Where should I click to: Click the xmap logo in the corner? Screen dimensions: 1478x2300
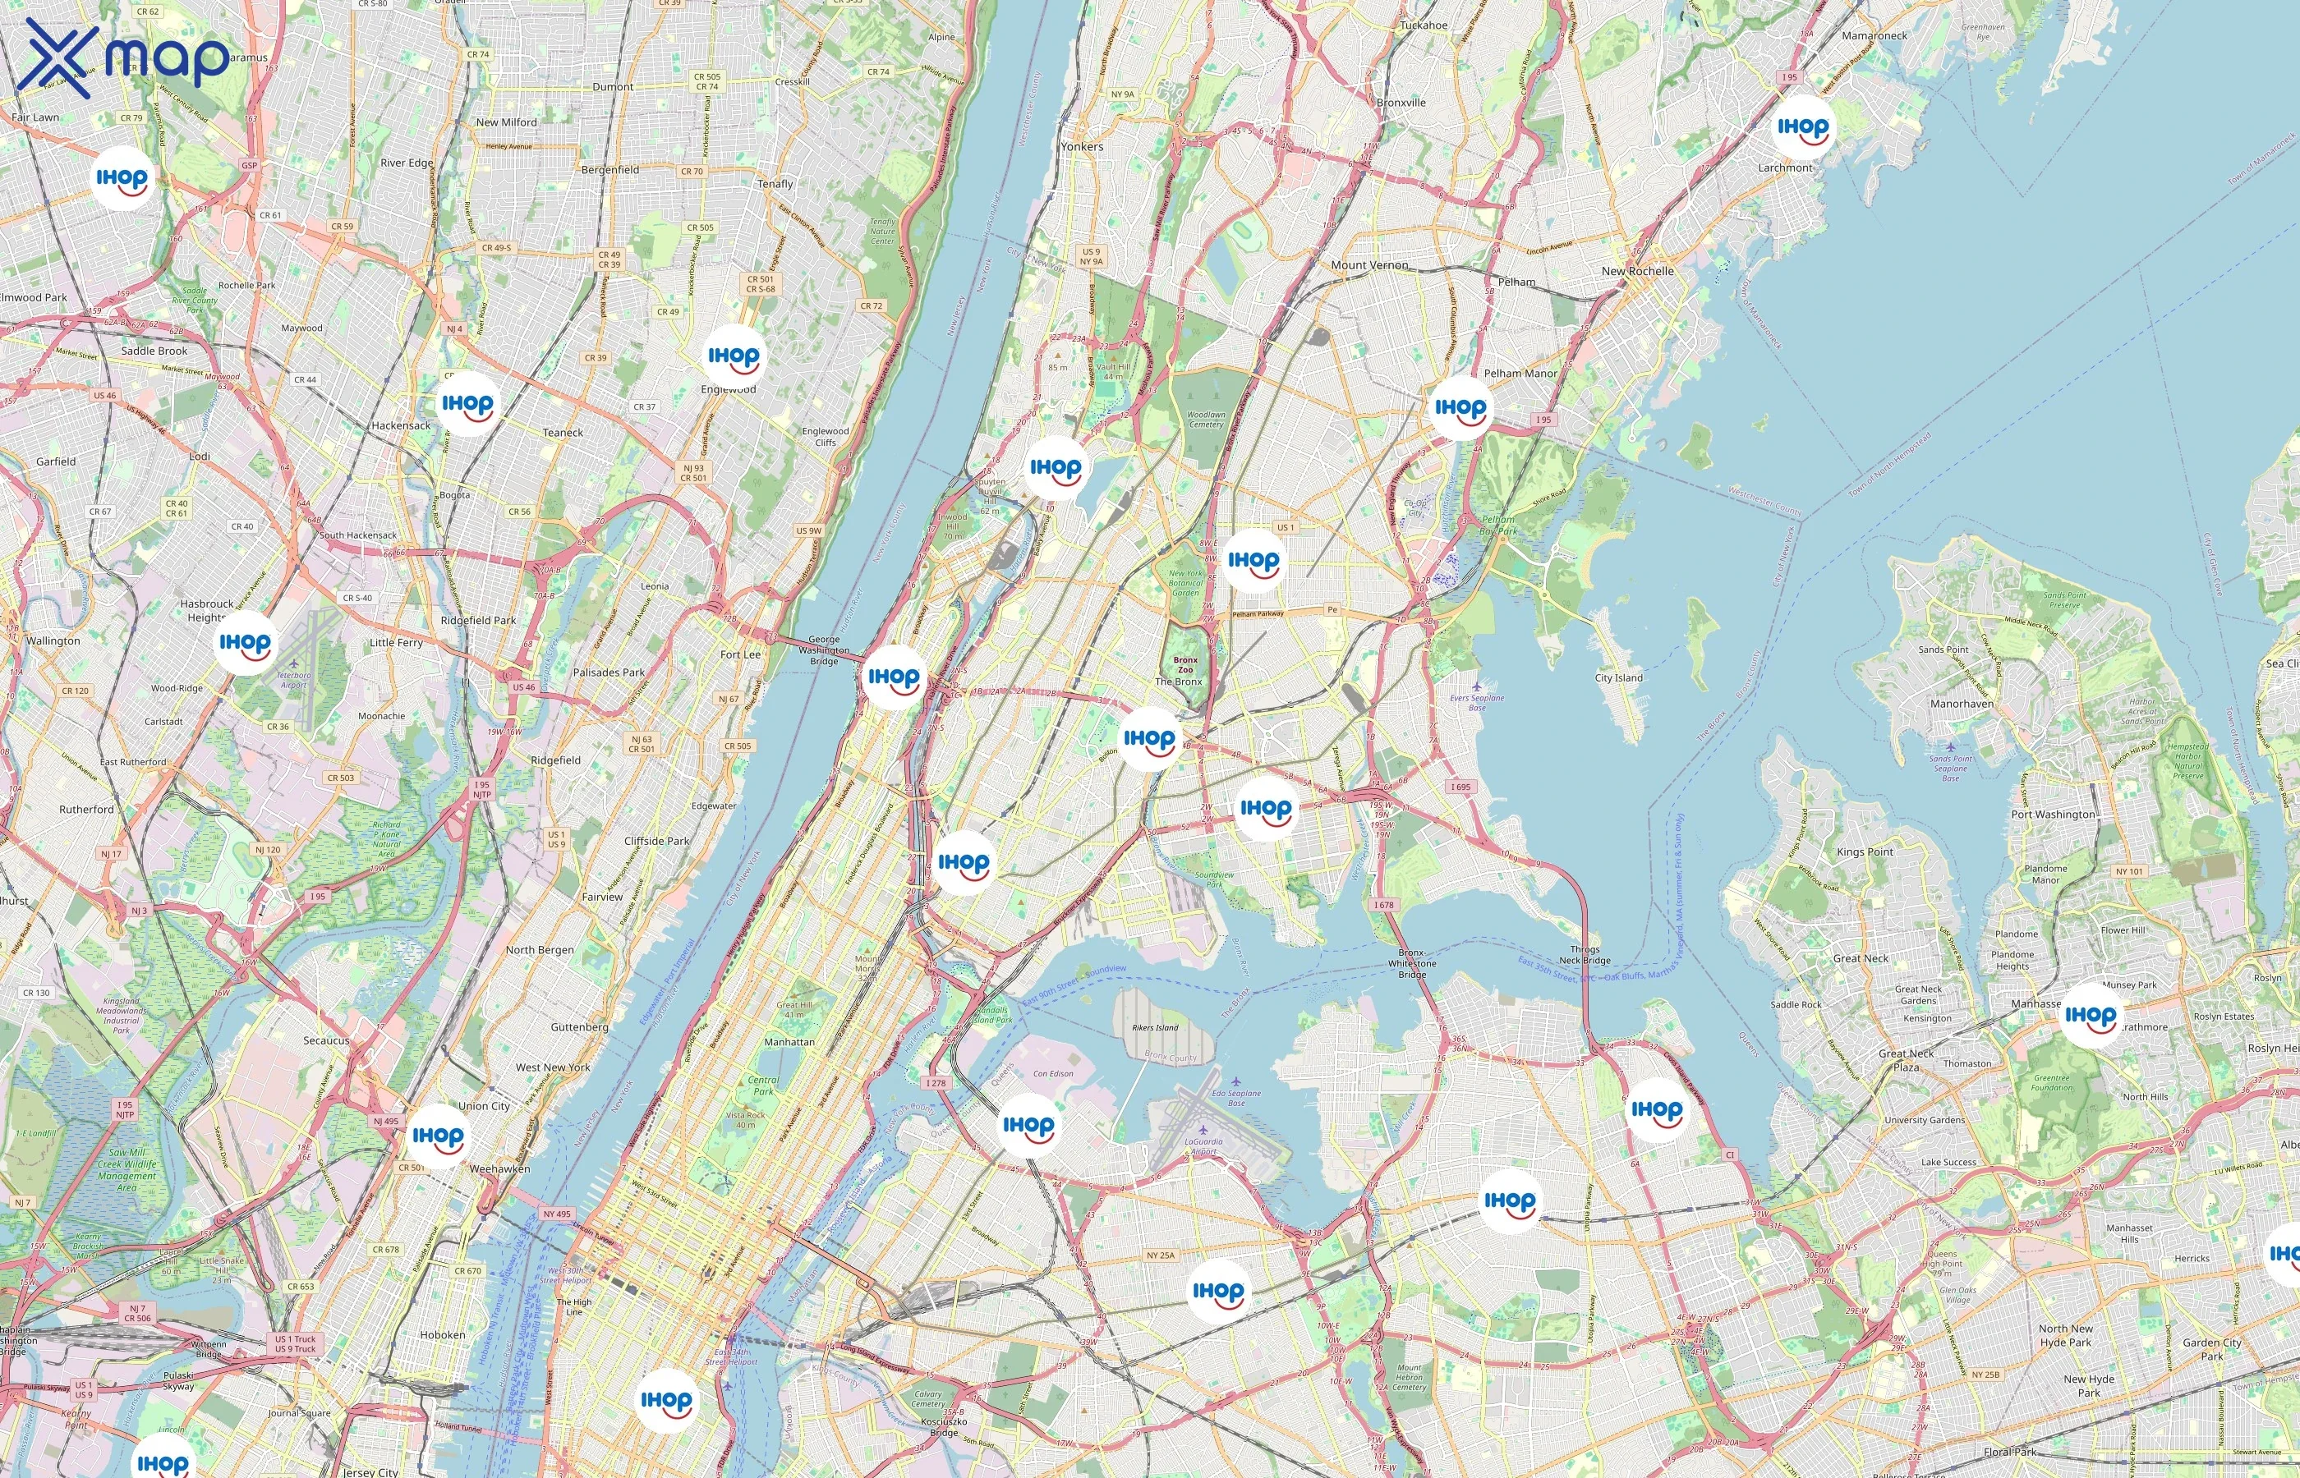pos(123,57)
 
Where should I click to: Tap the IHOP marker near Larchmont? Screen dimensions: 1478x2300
pos(1801,127)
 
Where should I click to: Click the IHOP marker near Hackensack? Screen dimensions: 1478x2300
pos(467,405)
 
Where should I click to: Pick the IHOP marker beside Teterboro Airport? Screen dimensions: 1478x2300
pos(245,643)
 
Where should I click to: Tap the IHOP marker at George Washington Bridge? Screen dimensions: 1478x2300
pos(894,677)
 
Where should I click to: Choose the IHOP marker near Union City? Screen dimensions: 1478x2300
pos(438,1136)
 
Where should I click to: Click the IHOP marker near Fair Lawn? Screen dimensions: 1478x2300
pos(122,178)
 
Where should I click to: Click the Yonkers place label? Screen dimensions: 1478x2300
pos(1082,147)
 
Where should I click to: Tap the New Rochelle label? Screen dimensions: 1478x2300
pos(1636,272)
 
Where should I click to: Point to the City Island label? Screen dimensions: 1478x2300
pos(1618,677)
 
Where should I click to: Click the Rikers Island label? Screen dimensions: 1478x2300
pos(1155,1028)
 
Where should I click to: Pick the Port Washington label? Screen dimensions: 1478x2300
pos(2052,815)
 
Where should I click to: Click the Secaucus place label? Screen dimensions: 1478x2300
pos(326,1040)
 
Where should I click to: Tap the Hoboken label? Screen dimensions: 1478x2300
pos(443,1335)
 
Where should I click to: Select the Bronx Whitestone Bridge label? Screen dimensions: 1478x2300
pos(1411,964)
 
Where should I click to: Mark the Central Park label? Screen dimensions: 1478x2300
pos(763,1086)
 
